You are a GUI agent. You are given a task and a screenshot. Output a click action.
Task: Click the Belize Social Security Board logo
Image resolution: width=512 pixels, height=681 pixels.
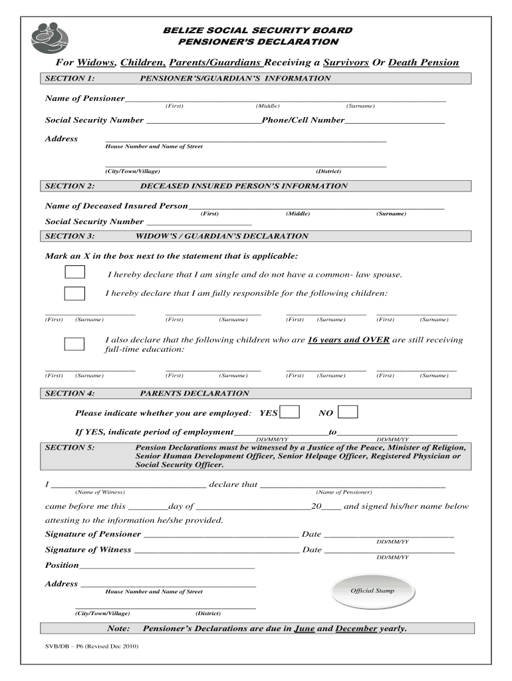pos(49,37)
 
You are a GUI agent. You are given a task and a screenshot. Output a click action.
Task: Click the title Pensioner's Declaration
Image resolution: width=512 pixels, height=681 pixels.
pos(259,42)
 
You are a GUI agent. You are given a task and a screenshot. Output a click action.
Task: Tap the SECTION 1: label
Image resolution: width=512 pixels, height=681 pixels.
pos(69,78)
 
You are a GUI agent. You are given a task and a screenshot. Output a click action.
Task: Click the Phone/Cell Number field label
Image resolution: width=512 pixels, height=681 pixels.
pos(303,120)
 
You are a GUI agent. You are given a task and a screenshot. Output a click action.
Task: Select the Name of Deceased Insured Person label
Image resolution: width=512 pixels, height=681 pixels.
pos(116,206)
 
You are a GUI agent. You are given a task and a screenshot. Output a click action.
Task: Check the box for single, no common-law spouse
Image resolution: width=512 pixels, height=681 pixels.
pos(74,272)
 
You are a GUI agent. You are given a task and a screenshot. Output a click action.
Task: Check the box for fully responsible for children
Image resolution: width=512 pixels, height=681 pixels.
pos(74,293)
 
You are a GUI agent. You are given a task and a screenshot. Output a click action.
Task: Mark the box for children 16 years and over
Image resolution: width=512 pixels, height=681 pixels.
pos(74,344)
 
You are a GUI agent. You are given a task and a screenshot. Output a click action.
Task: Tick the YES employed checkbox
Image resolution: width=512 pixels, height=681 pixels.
pos(289,412)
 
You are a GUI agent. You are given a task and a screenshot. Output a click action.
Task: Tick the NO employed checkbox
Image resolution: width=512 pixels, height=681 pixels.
pos(348,412)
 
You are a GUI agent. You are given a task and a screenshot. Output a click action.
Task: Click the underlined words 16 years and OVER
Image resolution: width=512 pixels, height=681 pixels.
pos(348,340)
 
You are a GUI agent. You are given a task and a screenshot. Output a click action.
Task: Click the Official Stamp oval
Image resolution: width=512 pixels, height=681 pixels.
pos(372,591)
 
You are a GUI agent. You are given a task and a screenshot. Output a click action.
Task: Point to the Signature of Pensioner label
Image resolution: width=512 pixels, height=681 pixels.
pos(92,534)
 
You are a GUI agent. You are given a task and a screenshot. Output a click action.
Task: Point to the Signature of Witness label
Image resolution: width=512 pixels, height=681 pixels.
pos(88,550)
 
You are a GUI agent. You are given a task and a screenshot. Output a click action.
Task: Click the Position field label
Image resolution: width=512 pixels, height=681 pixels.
pos(61,565)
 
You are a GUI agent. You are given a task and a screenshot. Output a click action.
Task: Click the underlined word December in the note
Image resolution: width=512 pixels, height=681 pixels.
pos(356,628)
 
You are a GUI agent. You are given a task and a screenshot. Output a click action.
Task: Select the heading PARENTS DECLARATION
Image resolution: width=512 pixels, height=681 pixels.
pos(194,393)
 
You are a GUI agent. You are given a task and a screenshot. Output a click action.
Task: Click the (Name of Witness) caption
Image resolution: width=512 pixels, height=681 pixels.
pos(100,492)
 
